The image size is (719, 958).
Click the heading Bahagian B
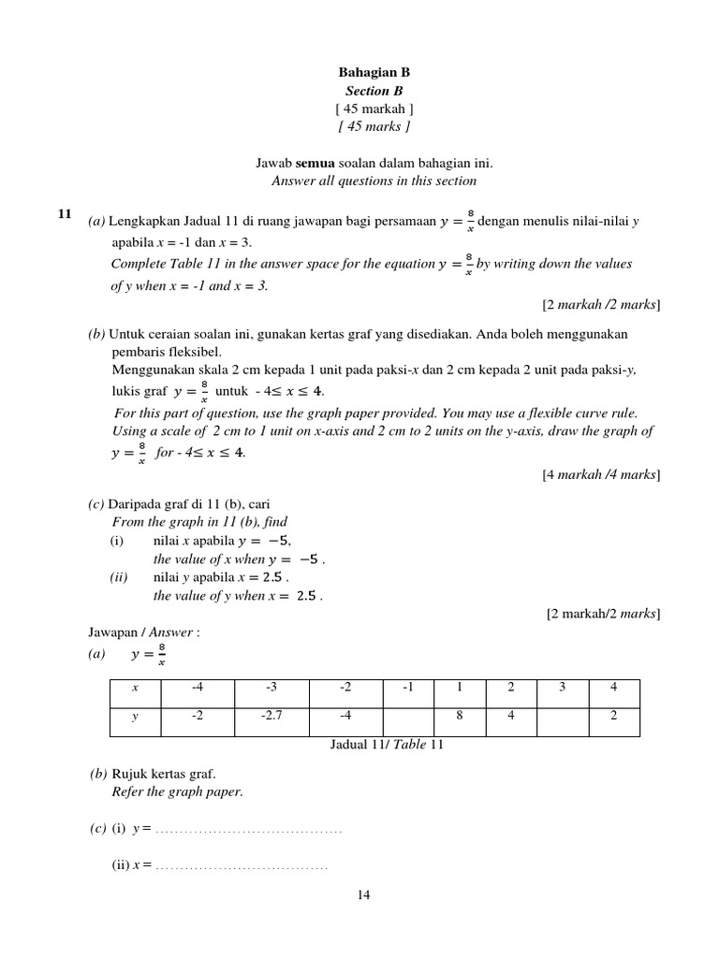374,72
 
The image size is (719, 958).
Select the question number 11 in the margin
65,214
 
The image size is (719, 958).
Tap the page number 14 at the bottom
364,895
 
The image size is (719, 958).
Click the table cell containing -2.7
271,716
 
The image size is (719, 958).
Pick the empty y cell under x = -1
408,716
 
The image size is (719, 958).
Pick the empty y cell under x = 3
562,716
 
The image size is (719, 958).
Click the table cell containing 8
460,716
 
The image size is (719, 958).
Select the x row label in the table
135,688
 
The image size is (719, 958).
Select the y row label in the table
135,716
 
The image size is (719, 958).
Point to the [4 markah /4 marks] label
601,475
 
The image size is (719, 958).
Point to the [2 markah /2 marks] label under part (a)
601,305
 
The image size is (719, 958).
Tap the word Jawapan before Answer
114,632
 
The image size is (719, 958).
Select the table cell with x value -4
198,688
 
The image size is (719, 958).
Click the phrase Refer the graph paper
177,791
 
